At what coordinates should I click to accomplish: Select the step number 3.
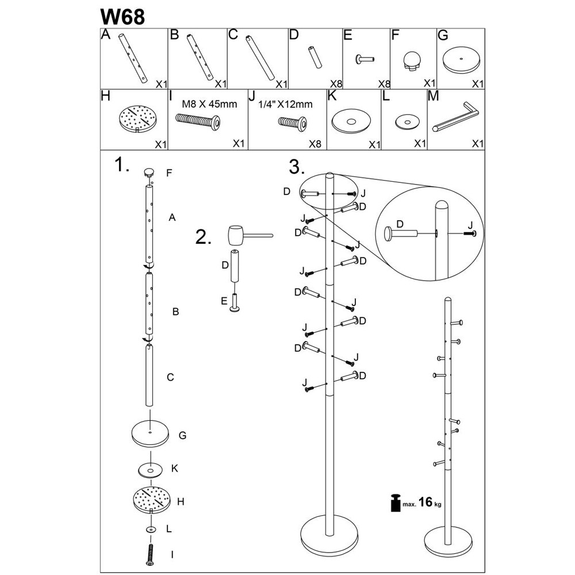tap(296, 167)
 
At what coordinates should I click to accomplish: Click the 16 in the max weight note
tap(425, 503)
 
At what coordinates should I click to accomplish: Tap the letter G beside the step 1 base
tap(182, 435)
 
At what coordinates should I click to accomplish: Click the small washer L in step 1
tap(151, 528)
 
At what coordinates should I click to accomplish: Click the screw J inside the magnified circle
tap(470, 233)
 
